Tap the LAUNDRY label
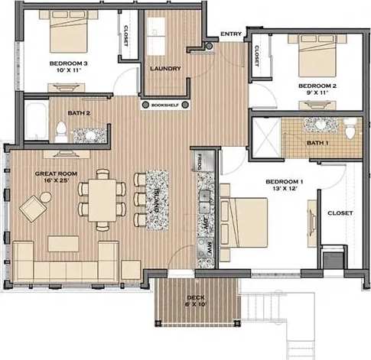[x=165, y=68]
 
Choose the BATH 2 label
[x=79, y=113]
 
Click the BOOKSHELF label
[x=165, y=104]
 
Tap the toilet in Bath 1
[x=350, y=129]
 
